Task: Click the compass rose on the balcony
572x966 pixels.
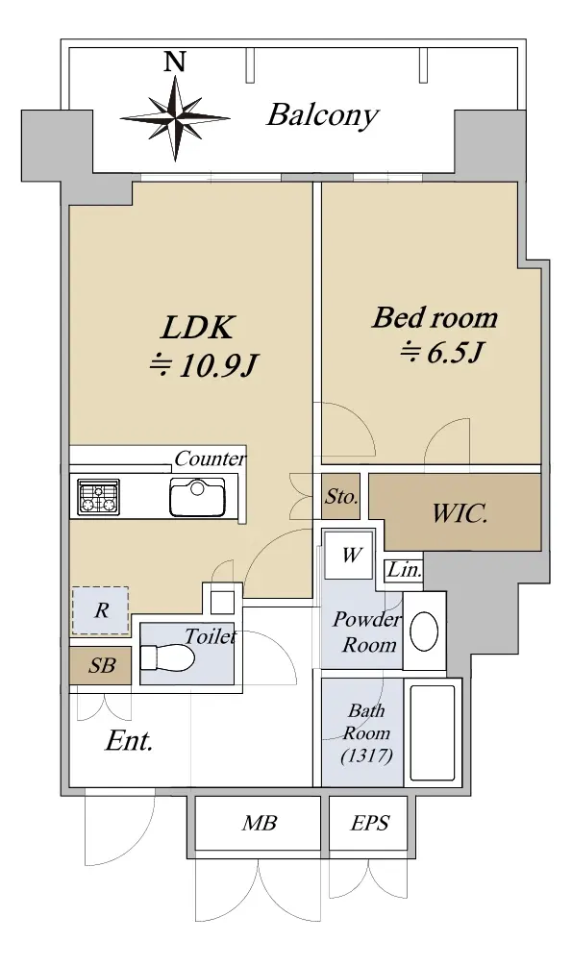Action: tap(176, 117)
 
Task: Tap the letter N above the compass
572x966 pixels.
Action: tap(176, 61)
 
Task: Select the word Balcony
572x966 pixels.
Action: tap(322, 115)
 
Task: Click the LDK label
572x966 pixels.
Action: tap(197, 327)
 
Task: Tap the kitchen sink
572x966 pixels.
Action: tap(197, 497)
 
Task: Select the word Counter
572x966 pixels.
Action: tap(210, 458)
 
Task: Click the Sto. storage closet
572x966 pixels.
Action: tap(341, 497)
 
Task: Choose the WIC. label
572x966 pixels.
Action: tap(460, 512)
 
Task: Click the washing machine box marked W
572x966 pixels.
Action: tap(350, 555)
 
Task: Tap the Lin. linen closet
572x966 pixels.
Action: tap(404, 570)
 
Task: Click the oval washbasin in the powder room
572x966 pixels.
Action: tap(424, 631)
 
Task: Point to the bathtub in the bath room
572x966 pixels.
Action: tap(433, 732)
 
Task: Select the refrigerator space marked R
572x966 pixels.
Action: tap(101, 610)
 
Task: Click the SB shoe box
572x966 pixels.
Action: tap(101, 665)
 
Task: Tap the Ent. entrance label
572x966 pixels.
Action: tap(129, 740)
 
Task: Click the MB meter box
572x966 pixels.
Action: tap(259, 823)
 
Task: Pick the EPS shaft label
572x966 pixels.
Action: tap(370, 823)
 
